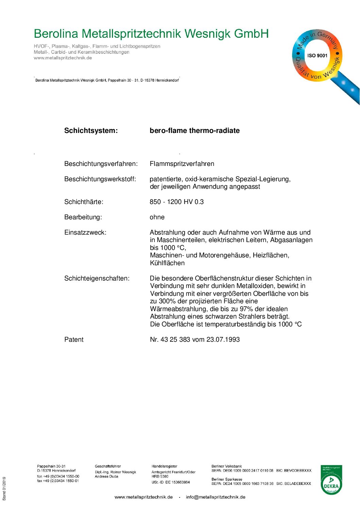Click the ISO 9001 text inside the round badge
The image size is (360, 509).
[317, 55]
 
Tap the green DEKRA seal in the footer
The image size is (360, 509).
[331, 480]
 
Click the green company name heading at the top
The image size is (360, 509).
[151, 34]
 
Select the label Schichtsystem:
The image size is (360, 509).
[91, 131]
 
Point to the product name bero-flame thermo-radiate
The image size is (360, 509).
[195, 131]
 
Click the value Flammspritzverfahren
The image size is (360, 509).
[182, 164]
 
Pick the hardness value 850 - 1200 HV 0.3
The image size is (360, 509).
[177, 202]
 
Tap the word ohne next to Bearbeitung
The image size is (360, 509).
[157, 217]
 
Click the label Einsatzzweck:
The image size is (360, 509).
[85, 233]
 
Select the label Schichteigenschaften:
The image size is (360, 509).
[97, 278]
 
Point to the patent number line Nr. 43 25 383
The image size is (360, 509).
[195, 340]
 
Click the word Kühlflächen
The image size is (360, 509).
[167, 263]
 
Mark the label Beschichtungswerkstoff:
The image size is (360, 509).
[100, 179]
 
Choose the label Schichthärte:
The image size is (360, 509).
[84, 202]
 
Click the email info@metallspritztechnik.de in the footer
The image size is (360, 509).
[215, 497]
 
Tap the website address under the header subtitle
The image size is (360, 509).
[63, 58]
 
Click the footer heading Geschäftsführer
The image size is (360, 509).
[108, 466]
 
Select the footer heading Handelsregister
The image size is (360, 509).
[164, 466]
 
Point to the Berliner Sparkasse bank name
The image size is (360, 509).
[227, 479]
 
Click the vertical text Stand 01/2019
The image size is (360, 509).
[4, 489]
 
